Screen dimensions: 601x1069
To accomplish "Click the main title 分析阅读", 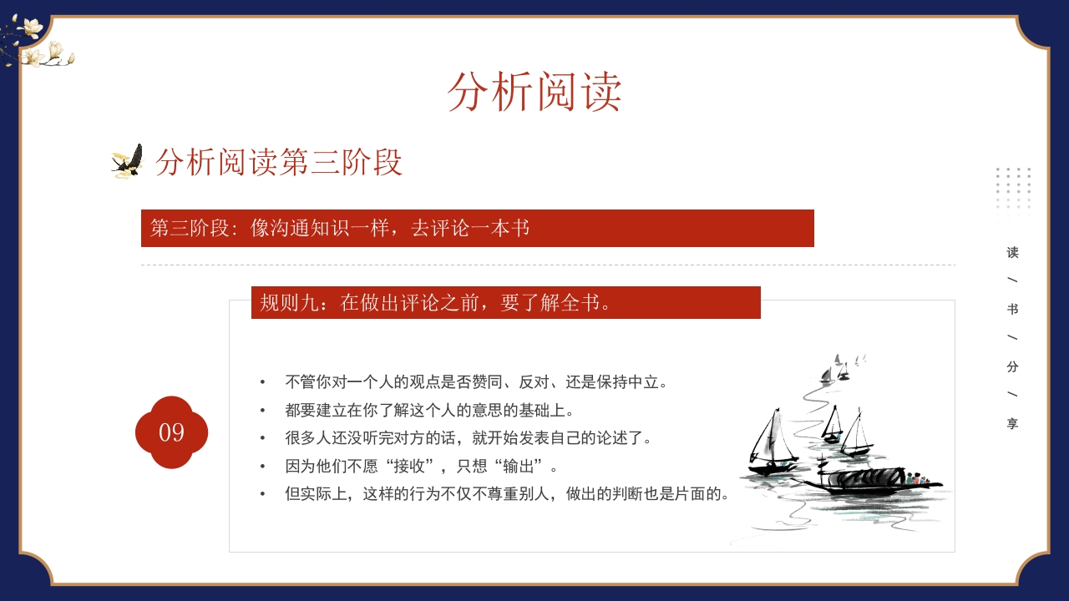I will point(534,92).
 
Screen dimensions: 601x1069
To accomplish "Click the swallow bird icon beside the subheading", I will point(128,161).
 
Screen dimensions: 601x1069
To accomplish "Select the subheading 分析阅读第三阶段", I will point(279,162).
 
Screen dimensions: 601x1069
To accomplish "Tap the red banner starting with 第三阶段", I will point(477,228).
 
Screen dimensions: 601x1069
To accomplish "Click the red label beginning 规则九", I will point(505,302).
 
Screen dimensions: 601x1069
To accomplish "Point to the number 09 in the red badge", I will point(171,432).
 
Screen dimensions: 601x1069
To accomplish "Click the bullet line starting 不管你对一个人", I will point(476,382).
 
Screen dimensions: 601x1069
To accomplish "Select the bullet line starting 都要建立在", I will point(429,410).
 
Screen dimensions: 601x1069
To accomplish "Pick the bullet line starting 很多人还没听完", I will point(468,437).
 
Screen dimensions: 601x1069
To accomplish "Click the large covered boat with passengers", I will point(869,480).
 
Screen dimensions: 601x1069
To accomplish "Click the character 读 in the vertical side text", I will point(1012,252).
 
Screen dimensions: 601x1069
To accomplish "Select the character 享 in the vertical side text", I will point(1012,423).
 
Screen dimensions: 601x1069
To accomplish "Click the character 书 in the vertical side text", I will point(1012,309).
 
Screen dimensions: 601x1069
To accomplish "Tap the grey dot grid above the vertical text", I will point(1013,187).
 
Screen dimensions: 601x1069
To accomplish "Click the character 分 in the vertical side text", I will point(1012,366).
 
